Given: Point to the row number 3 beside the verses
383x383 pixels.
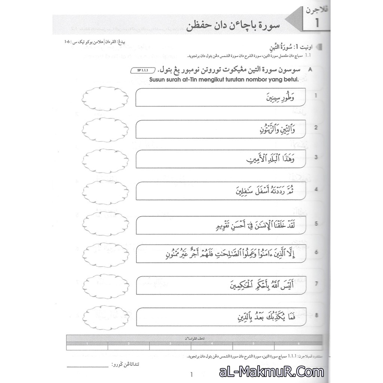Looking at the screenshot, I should click(316, 157).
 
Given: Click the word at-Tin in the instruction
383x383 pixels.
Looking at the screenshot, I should click(194, 79).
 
